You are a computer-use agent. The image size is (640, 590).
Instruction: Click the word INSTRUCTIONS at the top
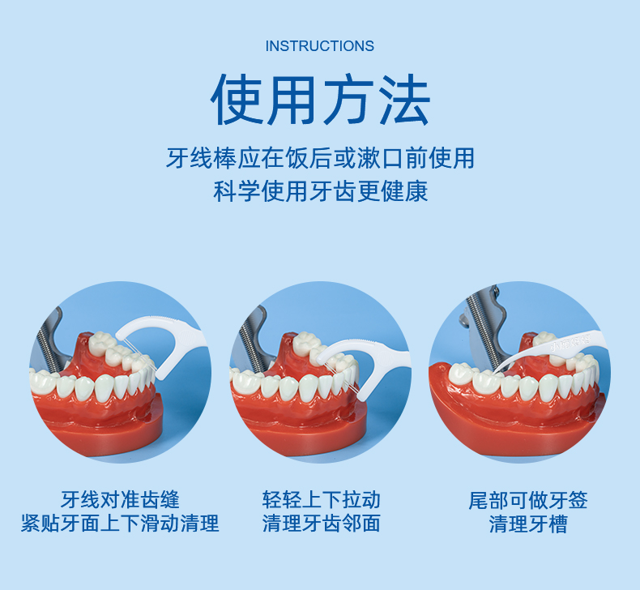[320, 46]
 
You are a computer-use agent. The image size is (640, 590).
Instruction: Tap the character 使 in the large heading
[238, 100]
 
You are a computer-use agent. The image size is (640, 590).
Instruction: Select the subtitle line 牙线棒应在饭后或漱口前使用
[320, 157]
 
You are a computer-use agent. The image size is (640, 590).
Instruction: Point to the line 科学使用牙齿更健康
[320, 192]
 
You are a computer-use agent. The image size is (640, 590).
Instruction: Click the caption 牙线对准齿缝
[120, 499]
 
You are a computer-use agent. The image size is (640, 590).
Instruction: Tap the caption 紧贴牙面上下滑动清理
[120, 524]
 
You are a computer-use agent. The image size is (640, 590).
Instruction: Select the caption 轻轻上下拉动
[321, 499]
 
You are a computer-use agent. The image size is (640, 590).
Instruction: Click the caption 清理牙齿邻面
[321, 524]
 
